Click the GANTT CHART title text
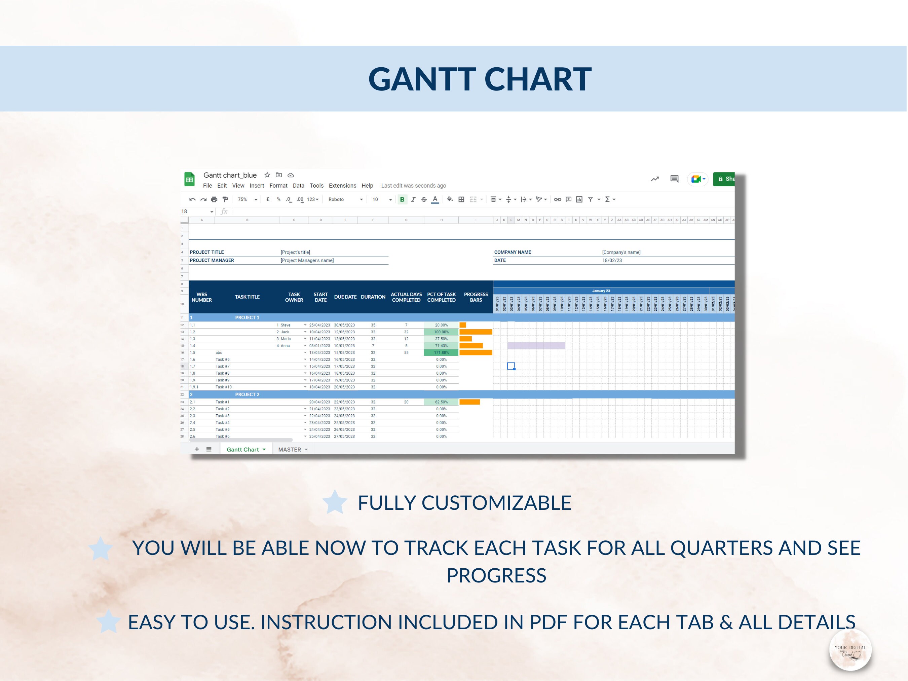(480, 79)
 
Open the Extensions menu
(342, 186)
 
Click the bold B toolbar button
(402, 199)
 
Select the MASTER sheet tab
(290, 450)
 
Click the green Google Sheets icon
(189, 179)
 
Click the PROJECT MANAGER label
(212, 260)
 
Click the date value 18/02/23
(612, 260)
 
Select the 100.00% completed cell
(441, 332)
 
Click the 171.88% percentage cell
(441, 353)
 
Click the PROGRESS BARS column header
(476, 297)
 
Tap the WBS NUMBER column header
(201, 297)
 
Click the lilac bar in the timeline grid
(536, 346)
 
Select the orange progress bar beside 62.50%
(469, 402)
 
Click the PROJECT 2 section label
(247, 394)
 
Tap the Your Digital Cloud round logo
(850, 650)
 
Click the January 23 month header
(601, 291)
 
